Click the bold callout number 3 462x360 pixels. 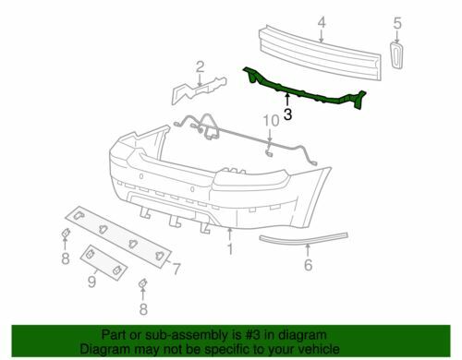(x=287, y=114)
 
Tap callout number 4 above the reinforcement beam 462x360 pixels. (x=322, y=23)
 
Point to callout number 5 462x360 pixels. (x=397, y=23)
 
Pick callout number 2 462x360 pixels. (x=200, y=66)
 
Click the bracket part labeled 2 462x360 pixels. (x=199, y=90)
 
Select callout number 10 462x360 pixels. (x=271, y=121)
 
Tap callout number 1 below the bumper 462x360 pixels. (x=230, y=249)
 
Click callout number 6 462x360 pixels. (x=308, y=265)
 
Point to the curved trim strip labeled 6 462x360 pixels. (x=303, y=238)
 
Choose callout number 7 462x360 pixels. (x=176, y=269)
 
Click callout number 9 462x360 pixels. (x=91, y=282)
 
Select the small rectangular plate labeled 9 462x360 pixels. (x=103, y=262)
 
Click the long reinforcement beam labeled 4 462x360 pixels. (x=321, y=54)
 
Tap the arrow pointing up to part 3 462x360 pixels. (x=287, y=100)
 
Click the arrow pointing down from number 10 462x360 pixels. (x=270, y=137)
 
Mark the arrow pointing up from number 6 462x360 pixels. (x=308, y=251)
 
